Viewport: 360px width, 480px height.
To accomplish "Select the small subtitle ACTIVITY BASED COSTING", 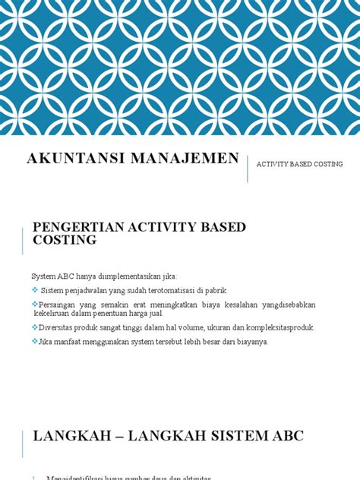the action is click(299, 164).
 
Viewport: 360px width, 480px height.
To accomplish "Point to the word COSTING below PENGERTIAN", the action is click(65, 239).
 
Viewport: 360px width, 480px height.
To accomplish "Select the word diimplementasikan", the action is click(131, 276).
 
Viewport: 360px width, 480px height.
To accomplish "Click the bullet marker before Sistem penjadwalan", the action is click(35, 290).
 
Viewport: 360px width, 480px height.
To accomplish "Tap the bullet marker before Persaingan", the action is click(35, 304).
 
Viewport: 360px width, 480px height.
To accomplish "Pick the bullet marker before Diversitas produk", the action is click(35, 327).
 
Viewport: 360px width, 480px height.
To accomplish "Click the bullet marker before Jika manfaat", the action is click(35, 341).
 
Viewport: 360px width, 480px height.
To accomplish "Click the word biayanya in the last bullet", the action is click(250, 341).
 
